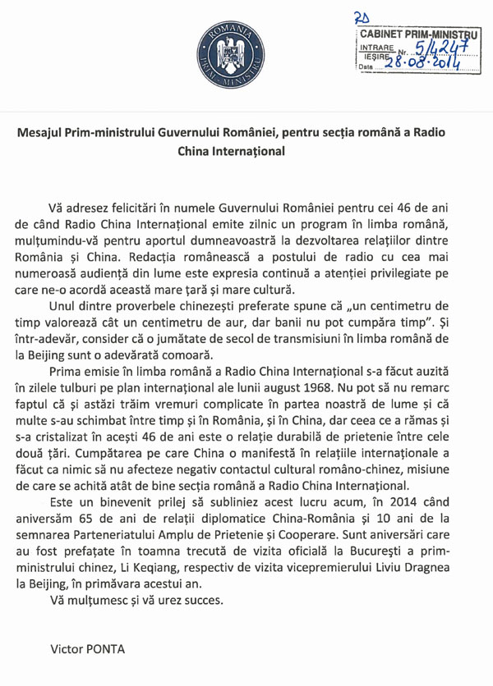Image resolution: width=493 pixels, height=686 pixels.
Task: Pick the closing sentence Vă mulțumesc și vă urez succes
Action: (136, 599)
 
